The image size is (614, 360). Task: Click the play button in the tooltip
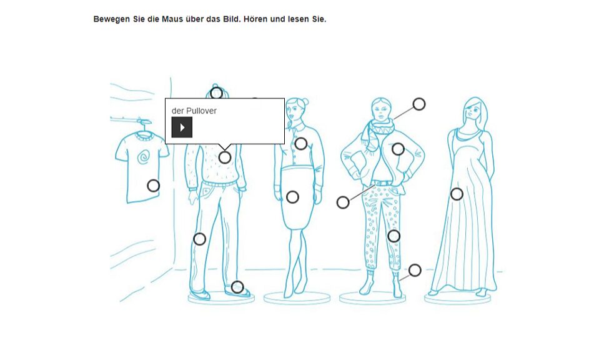[182, 127]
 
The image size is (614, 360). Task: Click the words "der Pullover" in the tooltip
[194, 111]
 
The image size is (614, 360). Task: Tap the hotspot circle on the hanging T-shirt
[154, 186]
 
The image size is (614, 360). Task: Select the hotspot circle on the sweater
[225, 157]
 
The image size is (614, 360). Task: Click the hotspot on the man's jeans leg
[200, 239]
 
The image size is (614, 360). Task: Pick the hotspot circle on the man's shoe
[237, 287]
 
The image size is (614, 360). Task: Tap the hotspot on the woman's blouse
[300, 144]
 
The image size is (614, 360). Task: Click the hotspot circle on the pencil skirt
[292, 197]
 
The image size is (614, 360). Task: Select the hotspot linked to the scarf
[419, 104]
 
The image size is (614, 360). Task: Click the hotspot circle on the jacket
[398, 149]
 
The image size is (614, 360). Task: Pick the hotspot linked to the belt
[343, 202]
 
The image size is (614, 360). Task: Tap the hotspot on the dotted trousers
[394, 236]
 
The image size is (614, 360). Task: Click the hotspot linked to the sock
[415, 270]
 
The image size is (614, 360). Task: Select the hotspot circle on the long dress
[457, 194]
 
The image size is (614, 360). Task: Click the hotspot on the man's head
[217, 93]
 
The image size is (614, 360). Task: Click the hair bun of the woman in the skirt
[305, 102]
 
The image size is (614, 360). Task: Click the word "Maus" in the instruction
[172, 19]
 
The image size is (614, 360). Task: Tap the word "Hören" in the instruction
[255, 19]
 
